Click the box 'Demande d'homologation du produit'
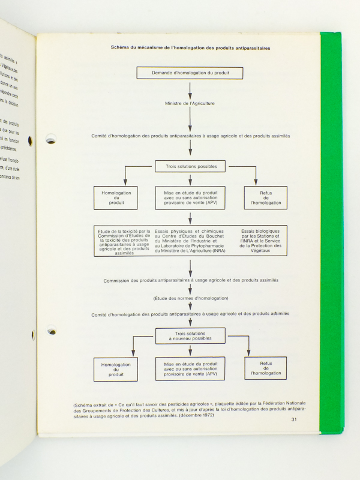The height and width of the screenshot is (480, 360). pyautogui.click(x=190, y=73)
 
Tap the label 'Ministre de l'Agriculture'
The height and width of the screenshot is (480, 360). pyautogui.click(x=190, y=103)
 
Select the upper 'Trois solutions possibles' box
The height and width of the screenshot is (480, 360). pyautogui.click(x=190, y=166)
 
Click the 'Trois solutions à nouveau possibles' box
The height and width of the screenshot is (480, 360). pyautogui.click(x=190, y=335)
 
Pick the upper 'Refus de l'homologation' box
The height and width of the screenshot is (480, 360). pyautogui.click(x=265, y=197)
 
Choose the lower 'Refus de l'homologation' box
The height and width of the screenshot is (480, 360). pyautogui.click(x=266, y=368)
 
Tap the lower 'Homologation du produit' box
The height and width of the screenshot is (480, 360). pyautogui.click(x=116, y=369)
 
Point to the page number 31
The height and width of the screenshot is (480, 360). pyautogui.click(x=293, y=419)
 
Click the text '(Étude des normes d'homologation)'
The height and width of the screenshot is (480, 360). pyautogui.click(x=190, y=298)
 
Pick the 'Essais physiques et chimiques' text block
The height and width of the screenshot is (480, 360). pyautogui.click(x=189, y=241)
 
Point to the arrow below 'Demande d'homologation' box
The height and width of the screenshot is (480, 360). pyautogui.click(x=190, y=89)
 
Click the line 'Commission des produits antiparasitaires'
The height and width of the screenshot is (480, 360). pyautogui.click(x=190, y=280)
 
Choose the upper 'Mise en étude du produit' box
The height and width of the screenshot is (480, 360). pyautogui.click(x=190, y=197)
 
